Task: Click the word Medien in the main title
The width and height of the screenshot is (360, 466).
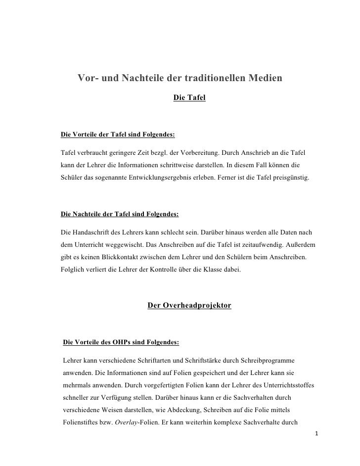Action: [x=263, y=78]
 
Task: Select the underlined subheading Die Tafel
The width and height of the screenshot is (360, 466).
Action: [x=189, y=99]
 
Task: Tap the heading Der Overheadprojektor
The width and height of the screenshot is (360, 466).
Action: [x=189, y=306]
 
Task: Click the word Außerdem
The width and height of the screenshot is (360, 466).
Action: [x=301, y=245]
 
